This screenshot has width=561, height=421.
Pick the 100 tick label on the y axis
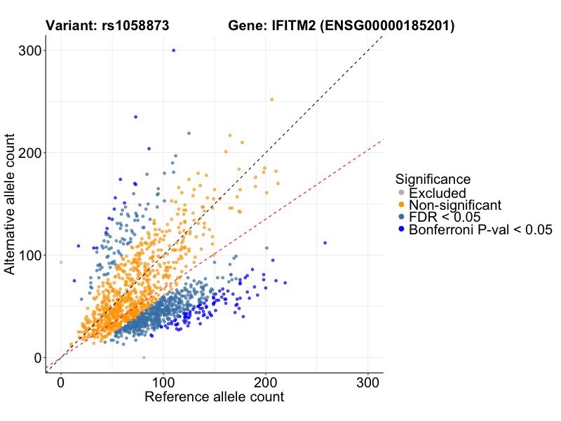(x=29, y=255)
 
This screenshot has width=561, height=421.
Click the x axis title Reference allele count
(x=214, y=398)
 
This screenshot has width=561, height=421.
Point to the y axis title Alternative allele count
(x=11, y=203)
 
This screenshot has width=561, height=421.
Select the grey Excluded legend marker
(x=401, y=193)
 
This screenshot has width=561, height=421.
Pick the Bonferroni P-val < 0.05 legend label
(x=481, y=229)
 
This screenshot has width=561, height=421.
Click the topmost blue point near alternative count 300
(x=173, y=50)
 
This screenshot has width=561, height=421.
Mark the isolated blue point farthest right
(x=325, y=243)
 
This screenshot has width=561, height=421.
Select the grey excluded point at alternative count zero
(x=144, y=357)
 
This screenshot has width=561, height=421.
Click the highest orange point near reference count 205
(x=272, y=100)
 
